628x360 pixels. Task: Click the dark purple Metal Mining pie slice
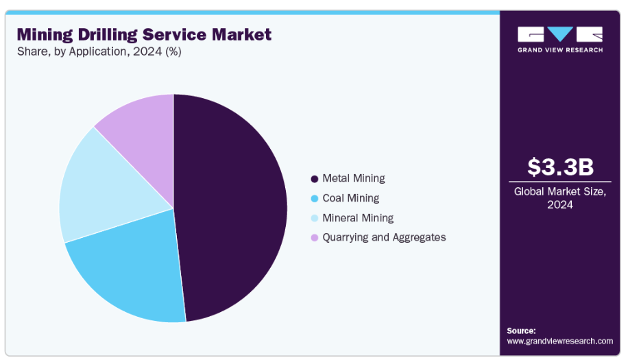[x=233, y=206]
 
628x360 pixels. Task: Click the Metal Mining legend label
[x=353, y=178]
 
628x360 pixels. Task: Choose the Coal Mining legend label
[x=350, y=198]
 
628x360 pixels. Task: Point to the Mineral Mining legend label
[x=358, y=218]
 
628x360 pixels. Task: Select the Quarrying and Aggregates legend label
[x=384, y=237]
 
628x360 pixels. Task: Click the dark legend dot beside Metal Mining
[x=315, y=179]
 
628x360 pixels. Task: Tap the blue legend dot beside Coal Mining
[x=315, y=199]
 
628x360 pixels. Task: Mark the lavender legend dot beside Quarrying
[x=315, y=238]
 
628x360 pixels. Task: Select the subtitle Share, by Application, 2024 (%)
[x=99, y=51]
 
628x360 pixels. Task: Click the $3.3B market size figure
[x=560, y=167]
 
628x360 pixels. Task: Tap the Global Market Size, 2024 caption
[x=560, y=198]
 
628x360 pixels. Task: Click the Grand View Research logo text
[x=560, y=50]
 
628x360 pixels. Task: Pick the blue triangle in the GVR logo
[x=560, y=34]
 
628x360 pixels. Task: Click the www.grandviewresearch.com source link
[x=559, y=341]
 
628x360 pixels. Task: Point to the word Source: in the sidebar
[x=522, y=331]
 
